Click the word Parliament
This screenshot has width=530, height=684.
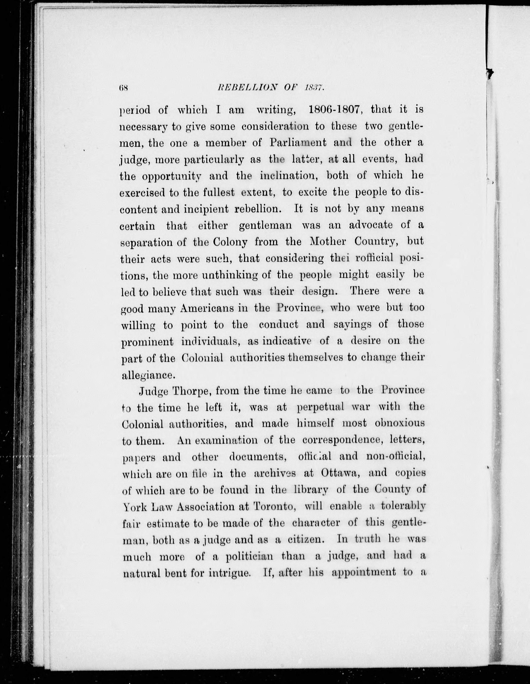298,143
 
